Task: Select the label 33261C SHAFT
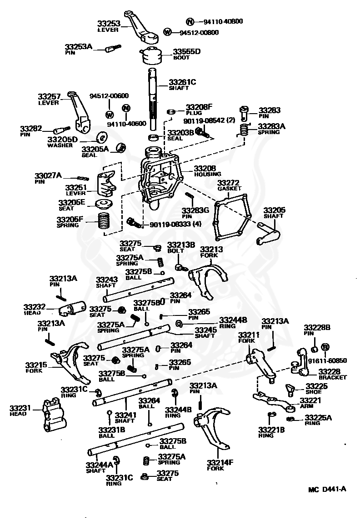pyautogui.click(x=182, y=85)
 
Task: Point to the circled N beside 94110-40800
pyautogui.click(x=190, y=21)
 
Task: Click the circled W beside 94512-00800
pyautogui.click(x=168, y=32)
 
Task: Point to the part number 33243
pyautogui.click(x=107, y=280)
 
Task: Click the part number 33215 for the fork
pyautogui.click(x=36, y=365)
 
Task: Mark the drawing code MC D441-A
pyautogui.click(x=327, y=490)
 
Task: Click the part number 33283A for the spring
pyautogui.click(x=271, y=126)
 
